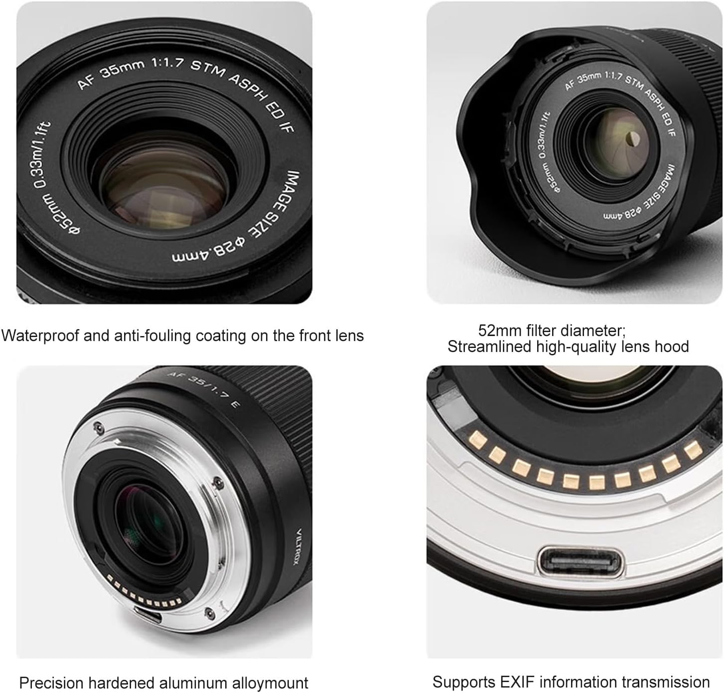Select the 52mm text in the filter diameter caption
499,330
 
